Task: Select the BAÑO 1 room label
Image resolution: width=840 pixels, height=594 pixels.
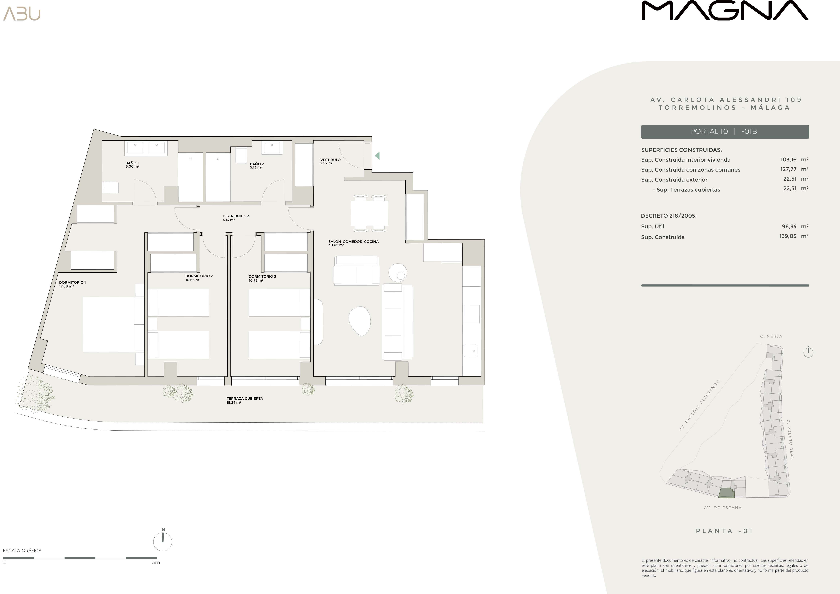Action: (132, 165)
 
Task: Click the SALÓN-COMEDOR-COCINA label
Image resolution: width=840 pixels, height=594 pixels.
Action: (353, 243)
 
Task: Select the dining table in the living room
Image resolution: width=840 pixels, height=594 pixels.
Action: (369, 214)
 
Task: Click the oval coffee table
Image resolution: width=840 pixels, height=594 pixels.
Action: (360, 321)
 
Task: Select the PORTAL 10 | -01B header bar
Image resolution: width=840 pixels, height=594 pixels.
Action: (725, 132)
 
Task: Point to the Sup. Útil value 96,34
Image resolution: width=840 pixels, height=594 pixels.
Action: (789, 226)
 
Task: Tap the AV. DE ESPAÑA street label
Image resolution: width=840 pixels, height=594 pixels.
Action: (723, 508)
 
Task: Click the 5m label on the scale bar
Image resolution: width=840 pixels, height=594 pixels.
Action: (156, 563)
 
